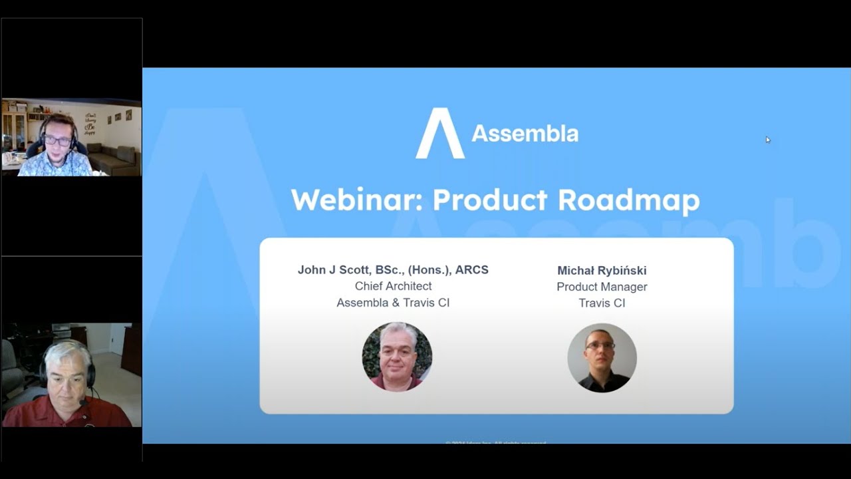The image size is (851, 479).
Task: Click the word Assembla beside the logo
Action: pos(525,134)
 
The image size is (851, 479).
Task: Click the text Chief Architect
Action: pos(393,286)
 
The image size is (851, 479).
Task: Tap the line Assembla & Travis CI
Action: pos(393,303)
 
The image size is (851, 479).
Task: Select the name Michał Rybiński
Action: pos(602,271)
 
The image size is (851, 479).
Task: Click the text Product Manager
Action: pos(602,287)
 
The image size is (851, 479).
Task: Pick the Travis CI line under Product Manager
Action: pos(602,303)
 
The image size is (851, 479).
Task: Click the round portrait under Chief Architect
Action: pos(397,357)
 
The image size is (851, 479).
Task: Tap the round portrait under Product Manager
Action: pos(602,358)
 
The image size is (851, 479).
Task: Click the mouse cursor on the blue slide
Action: pos(767,140)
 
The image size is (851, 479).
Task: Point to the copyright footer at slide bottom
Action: pos(496,442)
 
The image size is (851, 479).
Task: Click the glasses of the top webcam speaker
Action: pos(57,141)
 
